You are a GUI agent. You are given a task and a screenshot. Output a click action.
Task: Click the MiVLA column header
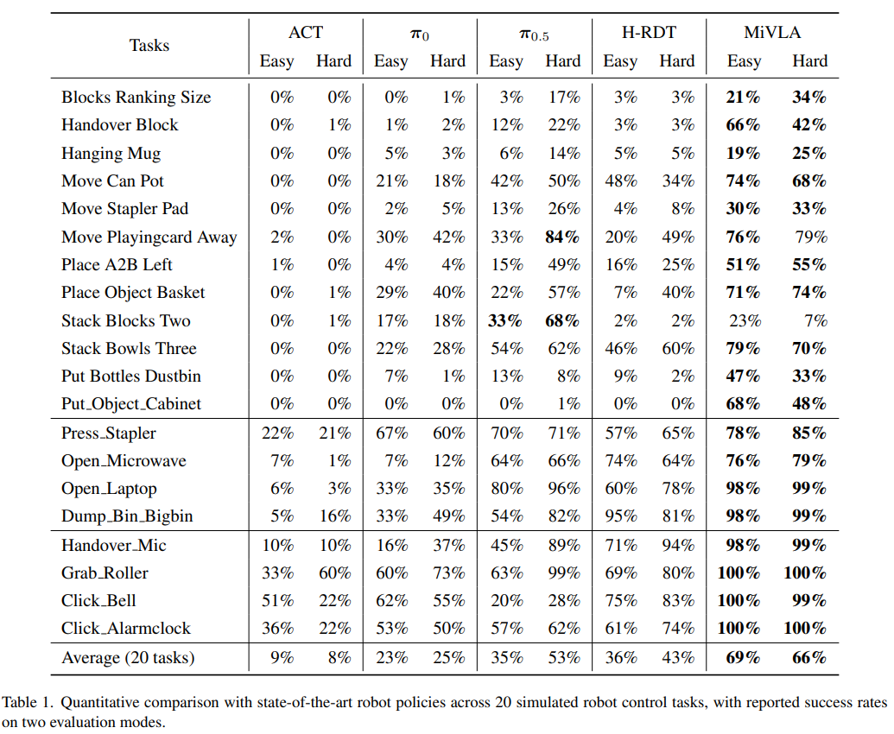[772, 33]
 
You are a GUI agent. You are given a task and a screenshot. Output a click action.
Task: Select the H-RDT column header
[649, 33]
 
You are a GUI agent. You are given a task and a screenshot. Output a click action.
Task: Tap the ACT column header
[306, 33]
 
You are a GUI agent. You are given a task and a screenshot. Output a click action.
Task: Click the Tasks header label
[149, 46]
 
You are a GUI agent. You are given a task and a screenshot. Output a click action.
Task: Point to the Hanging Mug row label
[111, 154]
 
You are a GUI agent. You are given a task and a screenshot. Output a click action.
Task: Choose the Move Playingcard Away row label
[149, 237]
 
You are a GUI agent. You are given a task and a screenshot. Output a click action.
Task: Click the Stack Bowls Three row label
[129, 348]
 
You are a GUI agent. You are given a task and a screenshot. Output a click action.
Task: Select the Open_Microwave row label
[124, 461]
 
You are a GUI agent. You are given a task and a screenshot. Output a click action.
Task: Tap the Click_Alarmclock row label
[126, 628]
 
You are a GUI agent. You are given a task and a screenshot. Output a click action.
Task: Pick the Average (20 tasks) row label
[129, 658]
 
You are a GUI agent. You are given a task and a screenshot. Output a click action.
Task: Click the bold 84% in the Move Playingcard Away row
[562, 237]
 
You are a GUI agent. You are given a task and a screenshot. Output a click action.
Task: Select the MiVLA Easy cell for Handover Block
[744, 125]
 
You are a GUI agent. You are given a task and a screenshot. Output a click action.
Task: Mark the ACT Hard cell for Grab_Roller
[334, 573]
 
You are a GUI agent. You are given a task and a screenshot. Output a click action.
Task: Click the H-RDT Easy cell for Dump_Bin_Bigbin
[621, 516]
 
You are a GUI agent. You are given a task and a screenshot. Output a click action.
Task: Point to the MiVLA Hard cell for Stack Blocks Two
[816, 321]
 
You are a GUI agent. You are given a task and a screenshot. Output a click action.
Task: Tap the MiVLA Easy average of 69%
[744, 658]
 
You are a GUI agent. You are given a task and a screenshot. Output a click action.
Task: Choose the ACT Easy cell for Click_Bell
[277, 601]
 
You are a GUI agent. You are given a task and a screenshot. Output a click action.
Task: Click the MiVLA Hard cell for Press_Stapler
[809, 433]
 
